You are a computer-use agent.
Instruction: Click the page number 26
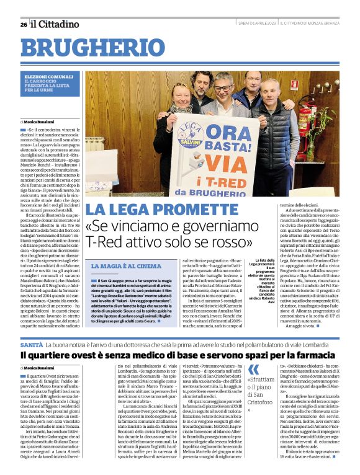coord(23,24)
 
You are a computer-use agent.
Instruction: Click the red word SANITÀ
coord(31,343)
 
